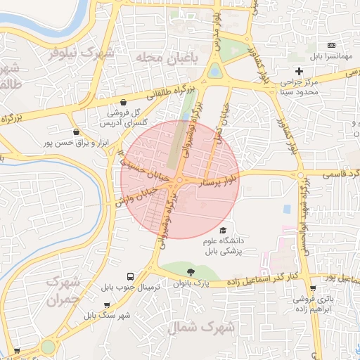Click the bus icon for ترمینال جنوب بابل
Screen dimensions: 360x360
click(129, 276)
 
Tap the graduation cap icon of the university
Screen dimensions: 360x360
click(223, 231)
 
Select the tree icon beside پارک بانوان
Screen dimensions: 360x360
click(190, 272)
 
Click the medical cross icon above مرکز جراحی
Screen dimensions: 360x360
click(299, 71)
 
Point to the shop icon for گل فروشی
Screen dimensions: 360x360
click(124, 101)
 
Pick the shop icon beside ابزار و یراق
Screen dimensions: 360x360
click(76, 131)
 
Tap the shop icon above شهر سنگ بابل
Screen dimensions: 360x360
click(106, 304)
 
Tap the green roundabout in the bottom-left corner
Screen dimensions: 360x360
click(48, 347)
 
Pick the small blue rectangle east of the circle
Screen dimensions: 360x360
click(286, 210)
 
